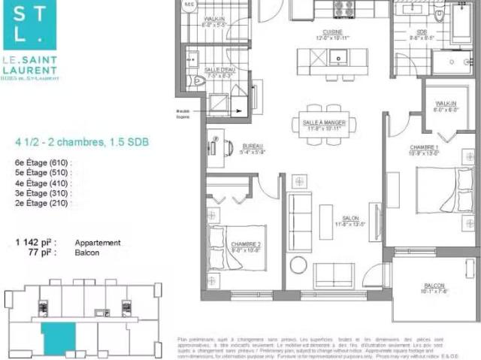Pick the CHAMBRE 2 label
click(245, 244)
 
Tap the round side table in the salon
click(298, 265)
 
